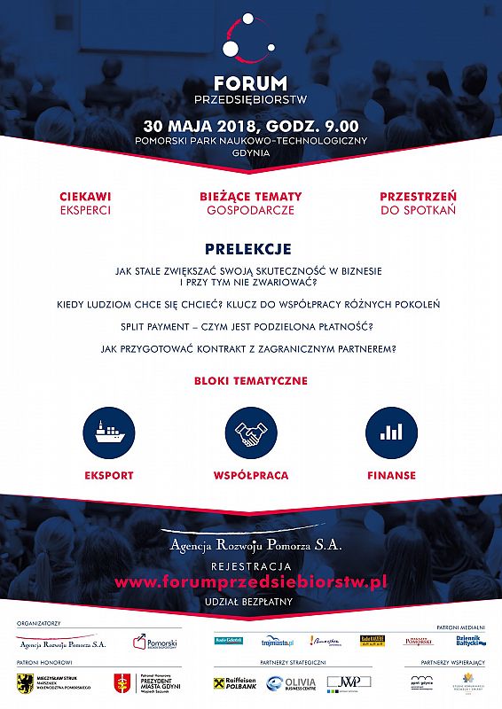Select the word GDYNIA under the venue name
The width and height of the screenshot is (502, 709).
pyautogui.click(x=251, y=153)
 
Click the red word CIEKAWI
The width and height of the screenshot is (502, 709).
pyautogui.click(x=85, y=196)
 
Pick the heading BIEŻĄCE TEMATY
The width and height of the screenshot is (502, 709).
pyautogui.click(x=251, y=196)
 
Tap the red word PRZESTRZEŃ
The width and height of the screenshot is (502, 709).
pyautogui.click(x=418, y=196)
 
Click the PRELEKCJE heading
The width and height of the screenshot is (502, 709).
pyautogui.click(x=248, y=250)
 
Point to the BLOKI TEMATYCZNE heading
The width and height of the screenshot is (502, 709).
pyautogui.click(x=251, y=380)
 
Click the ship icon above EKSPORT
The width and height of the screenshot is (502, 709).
pyautogui.click(x=109, y=432)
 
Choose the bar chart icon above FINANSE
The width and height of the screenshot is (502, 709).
pyautogui.click(x=391, y=432)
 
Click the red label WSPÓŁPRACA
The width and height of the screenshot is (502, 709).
pyautogui.click(x=251, y=475)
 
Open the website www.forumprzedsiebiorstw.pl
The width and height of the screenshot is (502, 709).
pyautogui.click(x=251, y=582)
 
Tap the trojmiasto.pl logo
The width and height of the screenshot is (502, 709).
pyautogui.click(x=278, y=641)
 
